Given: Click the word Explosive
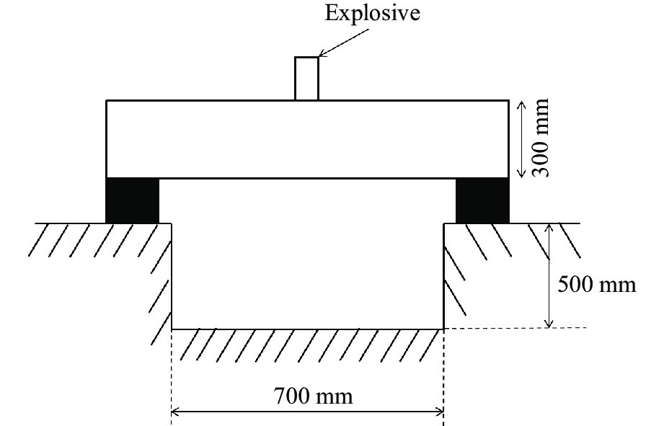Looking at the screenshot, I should [x=372, y=13].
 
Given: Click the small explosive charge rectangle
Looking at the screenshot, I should [x=306, y=78].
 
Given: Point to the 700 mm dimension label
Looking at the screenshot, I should [x=314, y=396].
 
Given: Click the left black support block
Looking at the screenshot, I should [x=132, y=200].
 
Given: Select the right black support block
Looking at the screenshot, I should [x=482, y=200].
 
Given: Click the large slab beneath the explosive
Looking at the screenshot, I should [x=307, y=139].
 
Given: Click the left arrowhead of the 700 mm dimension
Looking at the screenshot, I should [x=176, y=412].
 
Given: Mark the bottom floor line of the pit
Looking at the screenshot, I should [x=307, y=329].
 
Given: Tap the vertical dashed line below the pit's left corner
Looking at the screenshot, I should [x=172, y=375].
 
